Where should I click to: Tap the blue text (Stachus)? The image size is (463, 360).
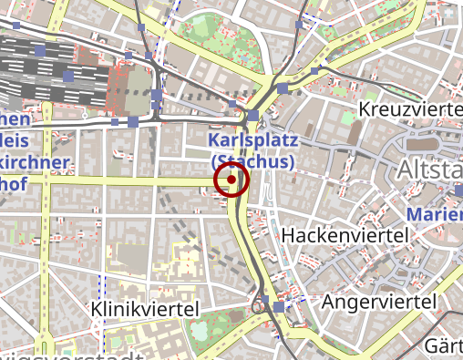252,161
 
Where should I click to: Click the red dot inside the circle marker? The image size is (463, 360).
231,180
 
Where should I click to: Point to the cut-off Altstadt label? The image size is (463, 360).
429,170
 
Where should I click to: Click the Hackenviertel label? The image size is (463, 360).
344,235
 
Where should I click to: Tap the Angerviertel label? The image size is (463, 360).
376,301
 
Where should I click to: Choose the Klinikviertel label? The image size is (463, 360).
146,310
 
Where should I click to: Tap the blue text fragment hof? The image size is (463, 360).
13,185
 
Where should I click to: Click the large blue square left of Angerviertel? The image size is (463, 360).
279,307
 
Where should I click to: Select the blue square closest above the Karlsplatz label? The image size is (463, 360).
252,117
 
